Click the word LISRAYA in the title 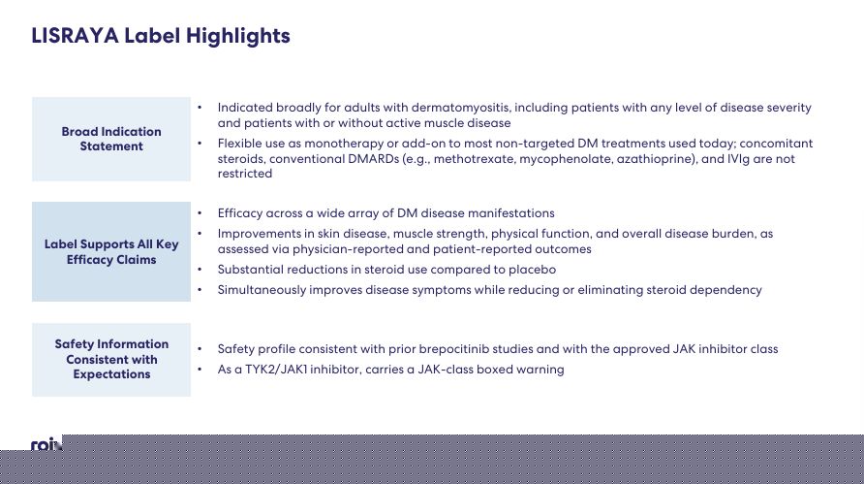click(75, 36)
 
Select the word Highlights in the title click(238, 37)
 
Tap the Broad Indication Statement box click(111, 139)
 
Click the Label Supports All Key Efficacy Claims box click(111, 251)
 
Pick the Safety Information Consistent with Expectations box click(111, 359)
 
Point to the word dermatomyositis click(461, 108)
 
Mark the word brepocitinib click(453, 349)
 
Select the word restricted click(245, 174)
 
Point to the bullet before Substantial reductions click(200, 270)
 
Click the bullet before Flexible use click(200, 144)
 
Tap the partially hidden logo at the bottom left click(46, 444)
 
